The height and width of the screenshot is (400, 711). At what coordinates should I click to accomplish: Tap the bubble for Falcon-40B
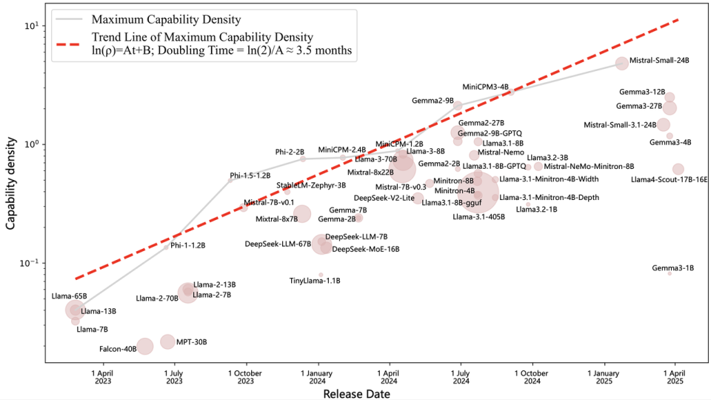click(145, 346)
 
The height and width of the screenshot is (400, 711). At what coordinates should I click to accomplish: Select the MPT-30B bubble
click(167, 341)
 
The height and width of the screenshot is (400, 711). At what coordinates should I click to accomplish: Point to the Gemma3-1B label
click(672, 267)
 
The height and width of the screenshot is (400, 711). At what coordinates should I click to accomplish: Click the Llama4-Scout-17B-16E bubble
click(678, 169)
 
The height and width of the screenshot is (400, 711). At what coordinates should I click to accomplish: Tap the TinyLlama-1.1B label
click(314, 281)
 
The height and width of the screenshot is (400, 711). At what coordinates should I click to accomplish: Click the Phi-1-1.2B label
click(188, 244)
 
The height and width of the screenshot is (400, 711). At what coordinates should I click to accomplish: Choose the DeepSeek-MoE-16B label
click(366, 249)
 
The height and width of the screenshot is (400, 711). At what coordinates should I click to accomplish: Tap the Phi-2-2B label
click(290, 152)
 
